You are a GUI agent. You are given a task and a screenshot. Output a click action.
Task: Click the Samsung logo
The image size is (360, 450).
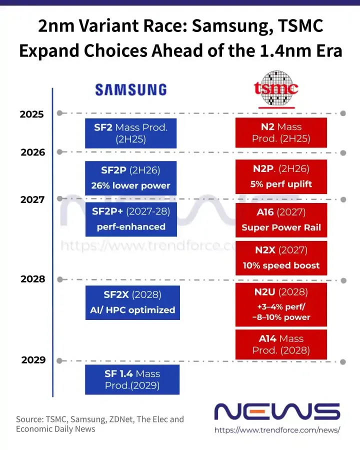click(x=131, y=89)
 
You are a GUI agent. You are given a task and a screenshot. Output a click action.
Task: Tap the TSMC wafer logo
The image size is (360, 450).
click(x=276, y=89)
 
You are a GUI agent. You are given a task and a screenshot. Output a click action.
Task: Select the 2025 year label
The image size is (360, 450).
click(x=32, y=114)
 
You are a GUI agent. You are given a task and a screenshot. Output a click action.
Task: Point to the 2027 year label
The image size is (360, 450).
click(x=32, y=199)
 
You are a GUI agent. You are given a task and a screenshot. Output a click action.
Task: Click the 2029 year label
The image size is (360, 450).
click(x=33, y=360)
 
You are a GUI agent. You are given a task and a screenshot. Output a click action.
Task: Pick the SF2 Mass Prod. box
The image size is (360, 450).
click(x=131, y=133)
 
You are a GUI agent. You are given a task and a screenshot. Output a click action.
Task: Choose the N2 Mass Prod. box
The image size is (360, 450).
click(x=281, y=132)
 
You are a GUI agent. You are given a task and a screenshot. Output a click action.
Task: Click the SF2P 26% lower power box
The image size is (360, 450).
click(x=131, y=178)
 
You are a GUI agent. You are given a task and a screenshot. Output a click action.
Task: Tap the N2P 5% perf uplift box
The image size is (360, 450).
click(x=281, y=176)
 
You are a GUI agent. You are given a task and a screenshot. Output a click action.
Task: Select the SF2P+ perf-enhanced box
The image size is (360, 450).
click(x=131, y=219)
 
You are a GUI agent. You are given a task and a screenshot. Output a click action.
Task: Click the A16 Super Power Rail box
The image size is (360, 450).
click(x=281, y=220)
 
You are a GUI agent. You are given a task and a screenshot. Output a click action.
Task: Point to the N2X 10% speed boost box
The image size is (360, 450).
click(x=281, y=258)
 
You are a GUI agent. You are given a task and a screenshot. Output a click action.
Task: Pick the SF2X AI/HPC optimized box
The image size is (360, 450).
click(x=132, y=302)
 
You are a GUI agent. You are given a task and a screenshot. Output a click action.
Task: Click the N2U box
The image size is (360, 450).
click(x=281, y=305)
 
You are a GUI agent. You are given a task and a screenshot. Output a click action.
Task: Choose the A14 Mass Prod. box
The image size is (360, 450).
click(x=281, y=344)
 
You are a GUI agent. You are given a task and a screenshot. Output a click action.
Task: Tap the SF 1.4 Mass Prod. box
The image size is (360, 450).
click(x=132, y=379)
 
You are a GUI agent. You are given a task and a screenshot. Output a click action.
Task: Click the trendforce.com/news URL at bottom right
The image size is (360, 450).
click(x=277, y=430)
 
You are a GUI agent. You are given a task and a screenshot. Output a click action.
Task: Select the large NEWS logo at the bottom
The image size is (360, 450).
click(x=277, y=411)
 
